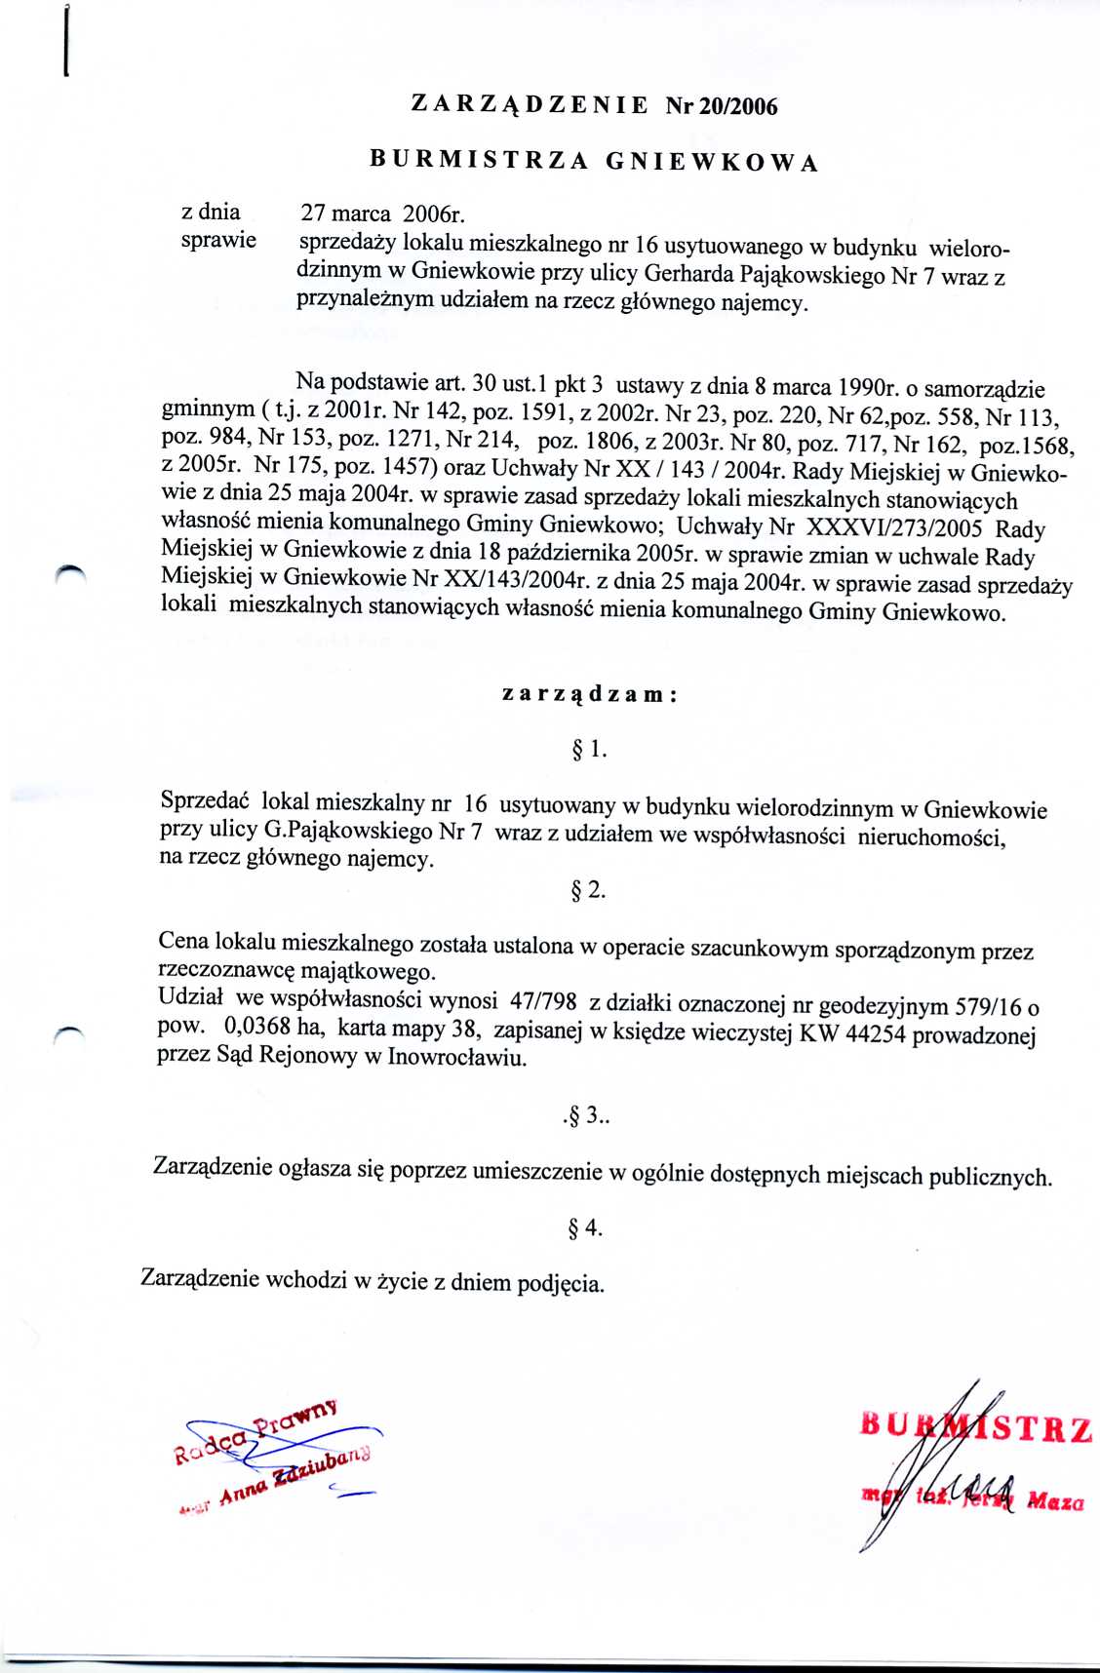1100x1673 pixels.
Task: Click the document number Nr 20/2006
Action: pos(722,106)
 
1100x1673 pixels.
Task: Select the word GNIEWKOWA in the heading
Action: pos(711,163)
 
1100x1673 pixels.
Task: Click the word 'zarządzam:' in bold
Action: pos(589,694)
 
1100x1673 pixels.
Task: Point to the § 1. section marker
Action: pos(589,750)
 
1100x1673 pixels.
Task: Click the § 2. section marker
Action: pos(589,890)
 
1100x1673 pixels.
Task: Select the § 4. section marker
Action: pos(585,1228)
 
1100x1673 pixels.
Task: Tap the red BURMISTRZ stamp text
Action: pos(975,1428)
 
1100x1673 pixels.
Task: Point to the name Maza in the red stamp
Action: pos(1055,1502)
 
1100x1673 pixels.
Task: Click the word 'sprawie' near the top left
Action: pos(218,240)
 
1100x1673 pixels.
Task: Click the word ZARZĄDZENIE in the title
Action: pos(530,104)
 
